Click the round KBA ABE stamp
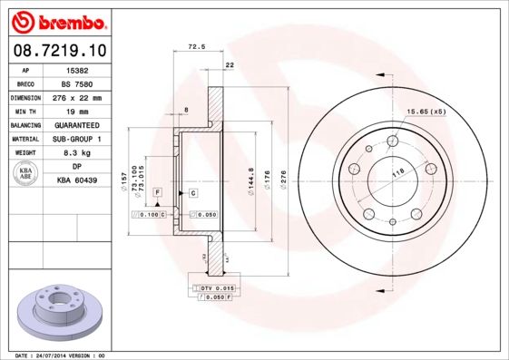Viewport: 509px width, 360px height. coord(25,174)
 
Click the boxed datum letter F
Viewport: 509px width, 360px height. coord(158,194)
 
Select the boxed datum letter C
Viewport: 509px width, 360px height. coord(193,194)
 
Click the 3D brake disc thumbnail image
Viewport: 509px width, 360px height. coord(59,310)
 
